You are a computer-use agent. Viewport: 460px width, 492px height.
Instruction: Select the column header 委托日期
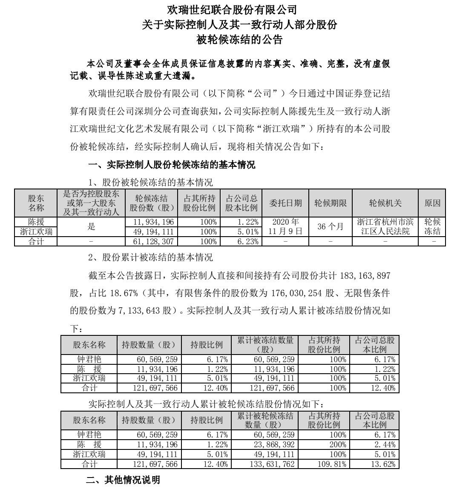pos(286,203)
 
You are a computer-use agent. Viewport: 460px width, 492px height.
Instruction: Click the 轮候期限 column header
pos(330,203)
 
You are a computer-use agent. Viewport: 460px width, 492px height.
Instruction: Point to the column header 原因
pos(432,203)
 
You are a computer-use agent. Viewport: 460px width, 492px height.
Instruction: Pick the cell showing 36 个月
pos(330,226)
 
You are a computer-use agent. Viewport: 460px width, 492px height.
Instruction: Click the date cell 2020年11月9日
pos(286,226)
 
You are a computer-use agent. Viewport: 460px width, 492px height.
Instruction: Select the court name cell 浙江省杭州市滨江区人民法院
pos(385,226)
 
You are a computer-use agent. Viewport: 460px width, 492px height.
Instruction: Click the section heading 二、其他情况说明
pos(123,481)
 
